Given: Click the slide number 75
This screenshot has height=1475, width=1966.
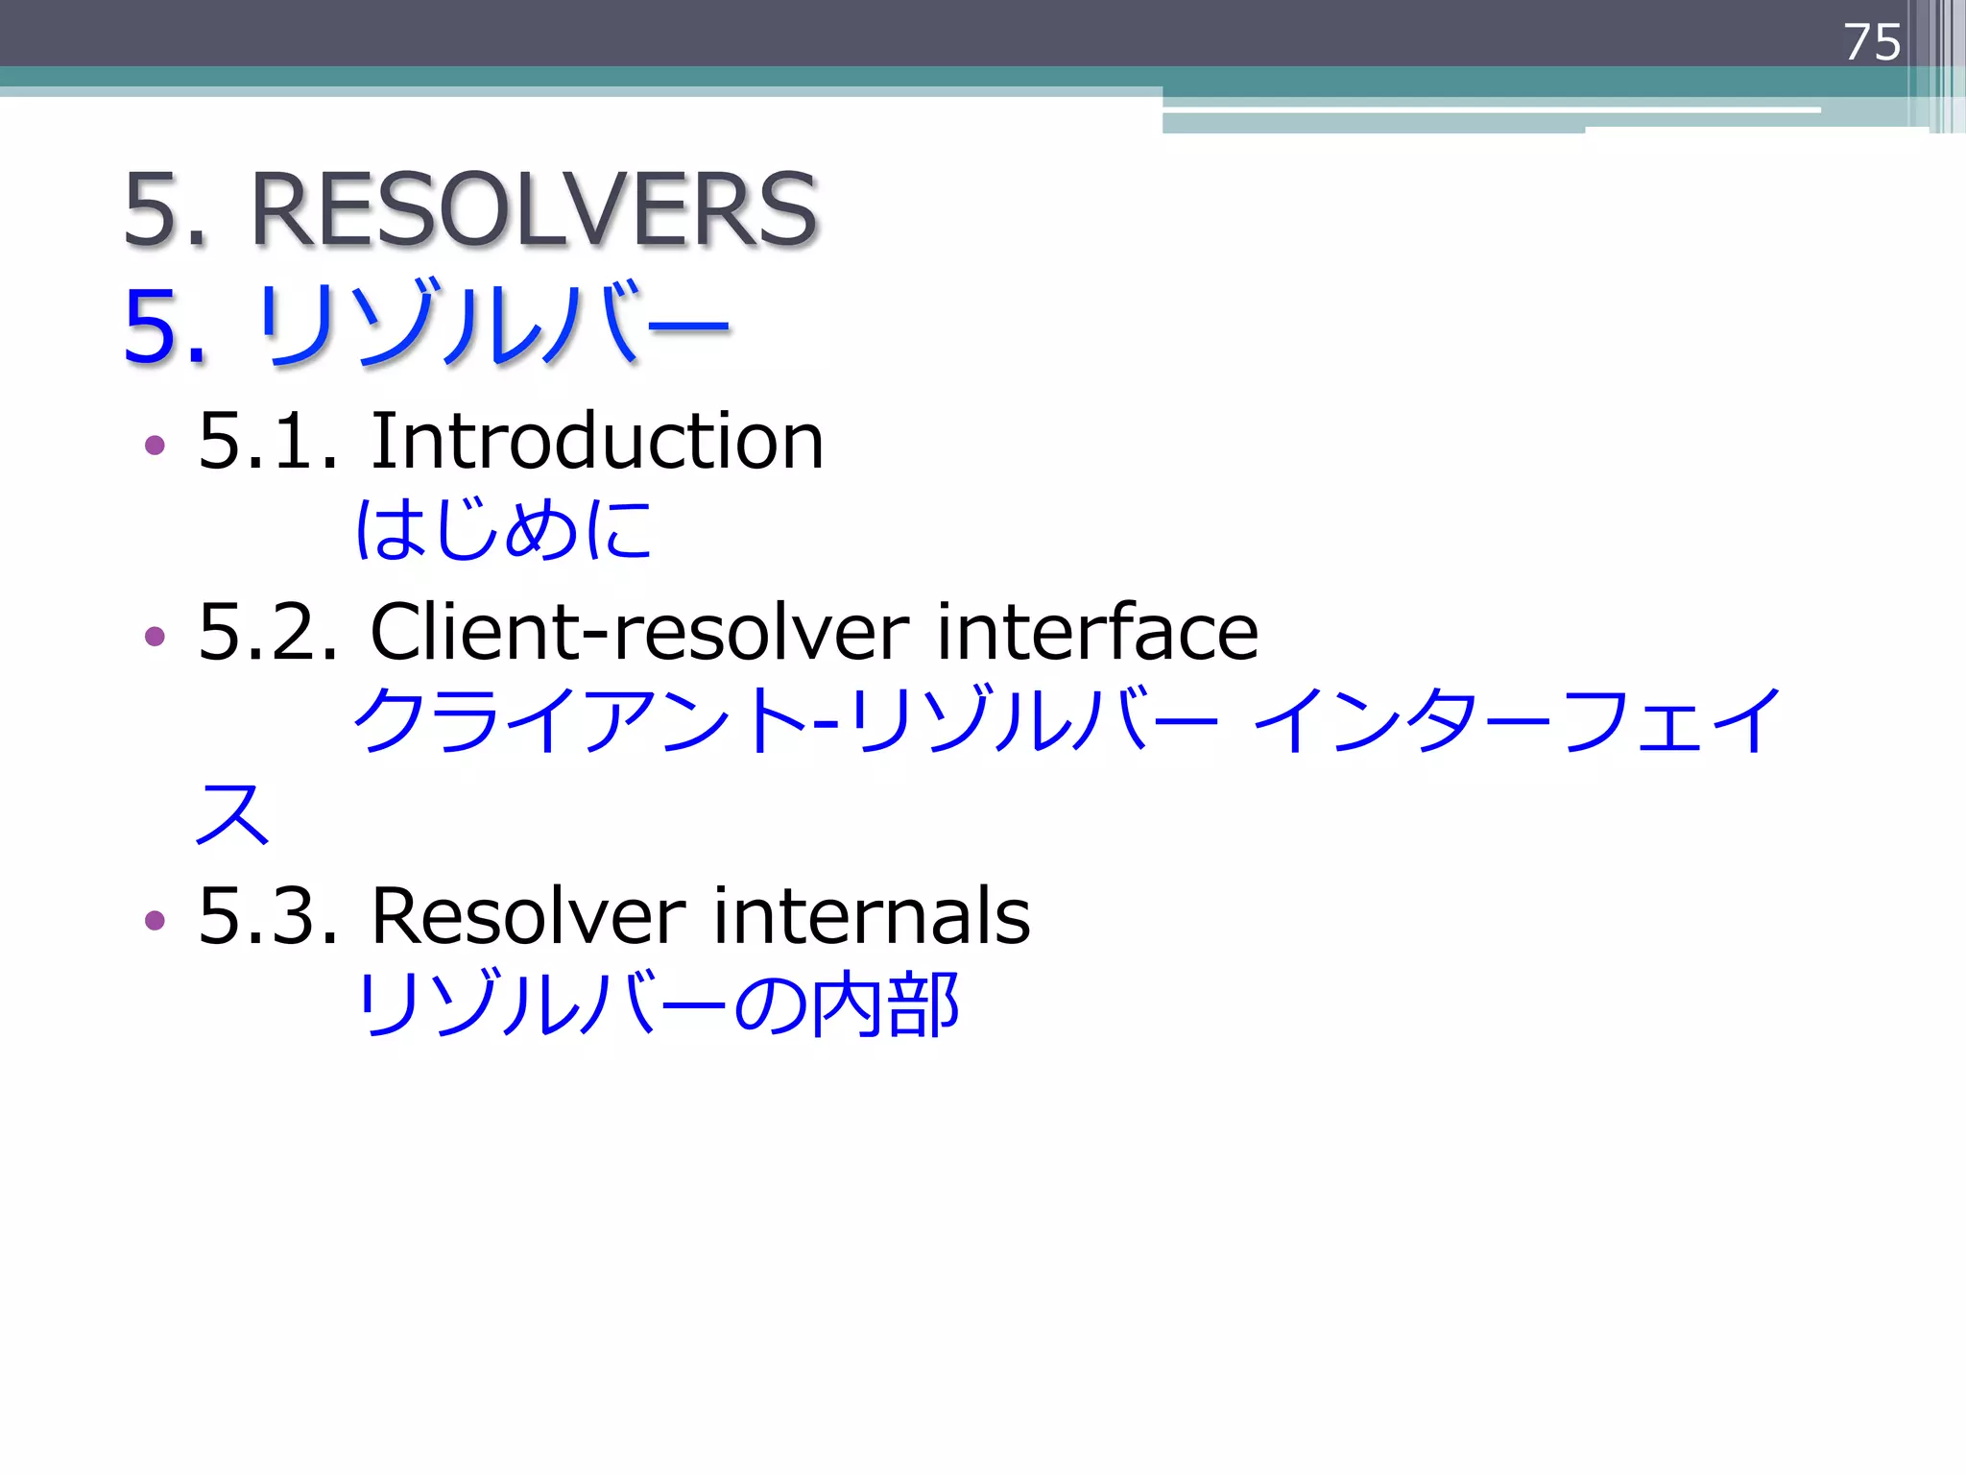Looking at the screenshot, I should tap(1871, 42).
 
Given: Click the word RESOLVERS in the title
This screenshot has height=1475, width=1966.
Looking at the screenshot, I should tap(534, 209).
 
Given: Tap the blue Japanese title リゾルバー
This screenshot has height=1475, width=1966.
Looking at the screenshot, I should tap(493, 325).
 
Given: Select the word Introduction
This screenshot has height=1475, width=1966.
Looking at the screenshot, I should tap(596, 441).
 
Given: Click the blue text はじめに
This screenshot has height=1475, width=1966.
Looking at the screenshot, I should tap(503, 529).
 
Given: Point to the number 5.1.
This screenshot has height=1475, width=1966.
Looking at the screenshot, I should tap(268, 441).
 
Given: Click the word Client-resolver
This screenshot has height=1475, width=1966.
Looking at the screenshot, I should tap(639, 632).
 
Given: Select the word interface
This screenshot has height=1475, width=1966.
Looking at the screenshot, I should tap(1097, 632).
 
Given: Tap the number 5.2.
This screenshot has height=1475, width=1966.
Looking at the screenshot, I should tap(268, 632).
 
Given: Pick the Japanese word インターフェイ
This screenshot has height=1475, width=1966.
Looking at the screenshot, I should tap(1518, 720).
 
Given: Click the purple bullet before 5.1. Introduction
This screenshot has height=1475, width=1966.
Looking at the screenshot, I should tap(155, 445).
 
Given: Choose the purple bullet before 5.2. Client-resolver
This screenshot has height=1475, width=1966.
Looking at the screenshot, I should tap(155, 636).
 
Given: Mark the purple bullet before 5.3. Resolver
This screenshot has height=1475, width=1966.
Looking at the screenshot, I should tap(155, 920).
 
